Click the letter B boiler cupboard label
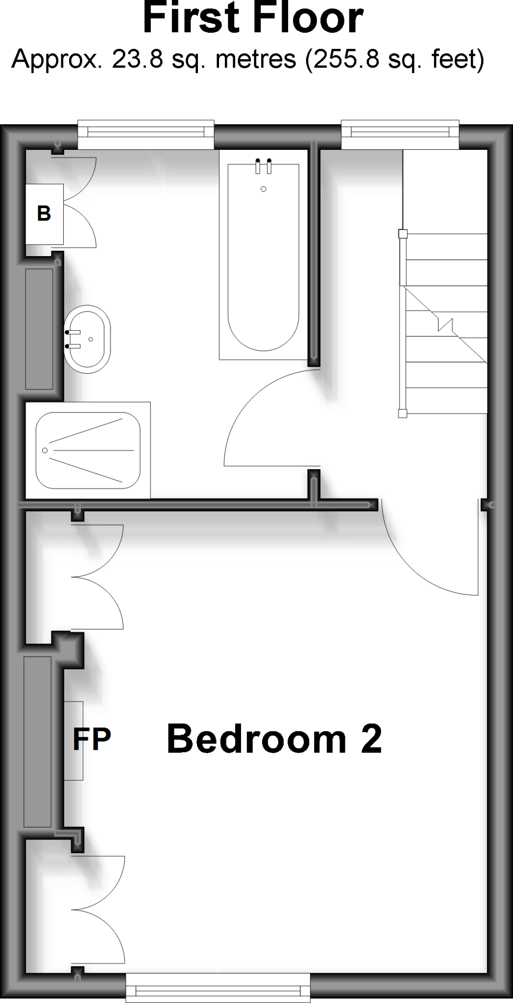tap(44, 214)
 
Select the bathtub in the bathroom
tap(264, 255)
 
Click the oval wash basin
tap(88, 338)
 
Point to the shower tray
tap(88, 450)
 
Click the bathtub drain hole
tap(264, 189)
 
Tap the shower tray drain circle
tap(45, 450)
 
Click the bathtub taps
tap(264, 166)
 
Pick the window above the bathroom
tap(146, 134)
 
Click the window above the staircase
tap(400, 134)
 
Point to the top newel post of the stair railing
tap(403, 234)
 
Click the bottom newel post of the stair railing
tap(403, 414)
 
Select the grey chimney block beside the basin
tap(39, 329)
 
